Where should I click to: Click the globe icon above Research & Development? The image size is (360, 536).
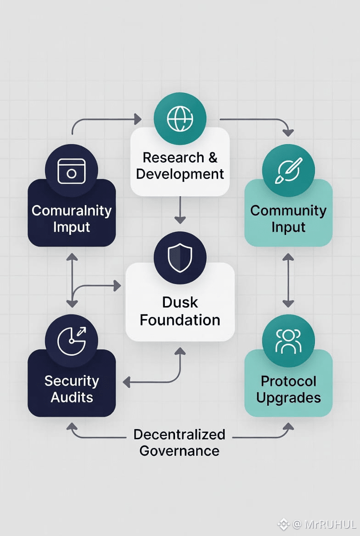click(180, 119)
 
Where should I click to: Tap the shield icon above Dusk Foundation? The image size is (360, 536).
click(180, 258)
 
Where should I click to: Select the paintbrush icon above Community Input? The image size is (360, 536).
click(288, 171)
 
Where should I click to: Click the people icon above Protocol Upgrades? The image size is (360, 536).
click(288, 341)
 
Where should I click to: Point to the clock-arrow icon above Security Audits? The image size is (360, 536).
click(71, 341)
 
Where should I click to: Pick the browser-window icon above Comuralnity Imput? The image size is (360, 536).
click(71, 171)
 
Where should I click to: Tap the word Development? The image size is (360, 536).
click(180, 174)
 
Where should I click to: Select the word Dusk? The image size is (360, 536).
click(180, 302)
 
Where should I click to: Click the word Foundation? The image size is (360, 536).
click(180, 319)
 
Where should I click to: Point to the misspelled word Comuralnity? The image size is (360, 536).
click(71, 211)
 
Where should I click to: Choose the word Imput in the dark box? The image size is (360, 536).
click(71, 227)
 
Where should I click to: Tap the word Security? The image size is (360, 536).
click(71, 381)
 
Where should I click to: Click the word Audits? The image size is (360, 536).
click(71, 397)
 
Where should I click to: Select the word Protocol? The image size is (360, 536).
click(288, 381)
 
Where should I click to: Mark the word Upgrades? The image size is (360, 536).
click(288, 397)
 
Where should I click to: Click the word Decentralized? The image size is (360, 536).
click(180, 434)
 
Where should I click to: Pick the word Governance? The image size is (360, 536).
click(180, 451)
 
